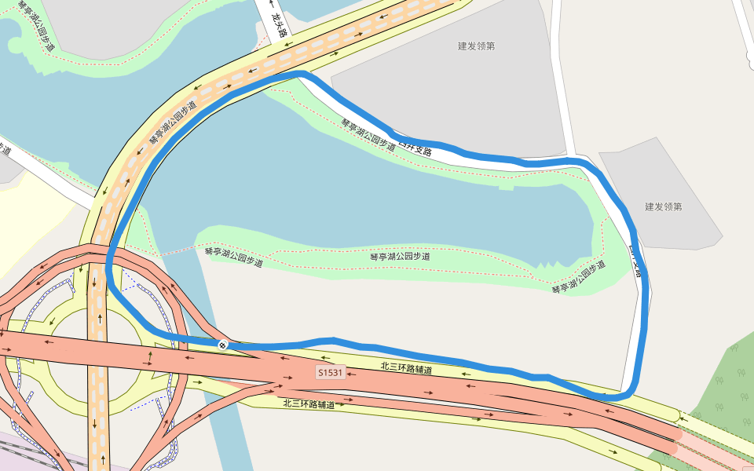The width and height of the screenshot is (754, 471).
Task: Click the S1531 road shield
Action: tap(331, 372)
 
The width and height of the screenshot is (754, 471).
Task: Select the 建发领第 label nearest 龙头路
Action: tap(476, 46)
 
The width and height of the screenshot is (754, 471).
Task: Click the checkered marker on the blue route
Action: tap(223, 344)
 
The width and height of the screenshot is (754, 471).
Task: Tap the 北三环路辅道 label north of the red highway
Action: tap(406, 367)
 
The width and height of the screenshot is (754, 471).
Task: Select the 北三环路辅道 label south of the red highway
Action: tap(309, 404)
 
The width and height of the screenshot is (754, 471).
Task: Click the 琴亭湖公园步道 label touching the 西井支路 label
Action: tap(368, 134)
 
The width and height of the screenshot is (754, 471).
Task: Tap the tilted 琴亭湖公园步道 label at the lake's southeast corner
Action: tap(579, 276)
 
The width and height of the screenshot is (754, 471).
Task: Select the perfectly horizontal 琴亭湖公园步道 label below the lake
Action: tap(400, 257)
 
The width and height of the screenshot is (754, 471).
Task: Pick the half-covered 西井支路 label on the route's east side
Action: tap(635, 263)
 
